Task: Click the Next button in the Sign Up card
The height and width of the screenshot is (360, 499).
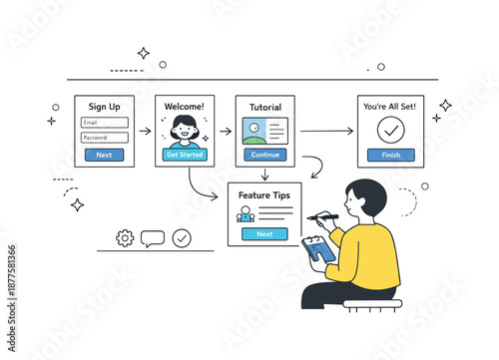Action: click(105, 155)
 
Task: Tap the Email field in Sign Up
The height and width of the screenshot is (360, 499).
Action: click(105, 123)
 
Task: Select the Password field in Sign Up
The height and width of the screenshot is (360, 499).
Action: click(105, 138)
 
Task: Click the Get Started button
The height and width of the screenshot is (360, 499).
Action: click(185, 155)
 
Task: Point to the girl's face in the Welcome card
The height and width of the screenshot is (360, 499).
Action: click(185, 128)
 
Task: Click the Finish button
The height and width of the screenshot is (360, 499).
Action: click(391, 155)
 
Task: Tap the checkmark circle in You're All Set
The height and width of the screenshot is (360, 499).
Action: click(391, 130)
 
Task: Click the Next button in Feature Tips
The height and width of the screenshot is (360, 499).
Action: click(264, 233)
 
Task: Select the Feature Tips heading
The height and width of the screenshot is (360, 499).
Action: click(264, 194)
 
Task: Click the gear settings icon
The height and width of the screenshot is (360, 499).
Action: click(125, 237)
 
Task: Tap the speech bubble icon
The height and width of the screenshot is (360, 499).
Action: click(153, 238)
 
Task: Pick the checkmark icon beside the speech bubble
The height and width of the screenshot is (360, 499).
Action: click(182, 237)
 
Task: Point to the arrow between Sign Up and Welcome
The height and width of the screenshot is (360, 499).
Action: click(145, 130)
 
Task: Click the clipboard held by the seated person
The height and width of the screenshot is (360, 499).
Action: click(319, 249)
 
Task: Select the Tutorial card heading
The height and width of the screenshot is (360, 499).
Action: click(264, 108)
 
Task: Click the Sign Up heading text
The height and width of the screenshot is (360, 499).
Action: click(105, 107)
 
